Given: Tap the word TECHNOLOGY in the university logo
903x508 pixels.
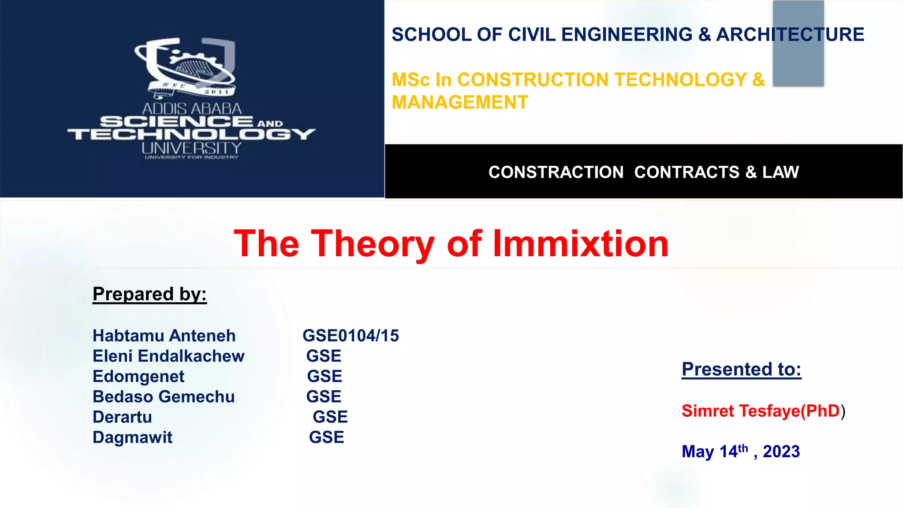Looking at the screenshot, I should tap(191, 134).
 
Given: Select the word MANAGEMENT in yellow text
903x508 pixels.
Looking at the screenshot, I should tap(460, 102).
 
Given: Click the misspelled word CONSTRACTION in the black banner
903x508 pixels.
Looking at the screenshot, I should tap(556, 172).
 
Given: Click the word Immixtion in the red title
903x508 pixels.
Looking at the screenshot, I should tap(580, 243).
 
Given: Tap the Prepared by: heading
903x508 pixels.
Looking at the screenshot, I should tap(149, 294).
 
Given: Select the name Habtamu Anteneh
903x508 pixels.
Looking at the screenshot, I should tap(164, 336).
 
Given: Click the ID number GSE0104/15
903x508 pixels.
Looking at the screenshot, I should tap(351, 336).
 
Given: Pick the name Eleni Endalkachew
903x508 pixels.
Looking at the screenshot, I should tap(168, 356).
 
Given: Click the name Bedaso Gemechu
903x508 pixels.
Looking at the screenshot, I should tap(164, 397).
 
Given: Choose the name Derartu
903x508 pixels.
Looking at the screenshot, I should tap(122, 417).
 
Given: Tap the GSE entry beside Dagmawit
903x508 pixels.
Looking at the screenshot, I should tap(326, 437).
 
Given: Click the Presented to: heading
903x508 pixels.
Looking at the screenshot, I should tap(741, 369).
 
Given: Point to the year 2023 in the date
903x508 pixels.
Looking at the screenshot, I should tap(781, 452).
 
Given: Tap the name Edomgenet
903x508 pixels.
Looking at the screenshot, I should tap(138, 377).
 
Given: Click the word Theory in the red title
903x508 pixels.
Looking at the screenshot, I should tap(373, 243).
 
